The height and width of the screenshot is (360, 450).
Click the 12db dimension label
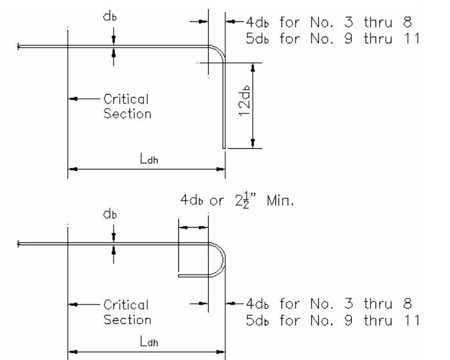click(244, 104)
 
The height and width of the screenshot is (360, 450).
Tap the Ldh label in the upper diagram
click(145, 159)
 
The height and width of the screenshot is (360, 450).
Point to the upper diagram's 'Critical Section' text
click(126, 106)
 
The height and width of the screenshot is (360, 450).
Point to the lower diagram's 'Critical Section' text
click(126, 312)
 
